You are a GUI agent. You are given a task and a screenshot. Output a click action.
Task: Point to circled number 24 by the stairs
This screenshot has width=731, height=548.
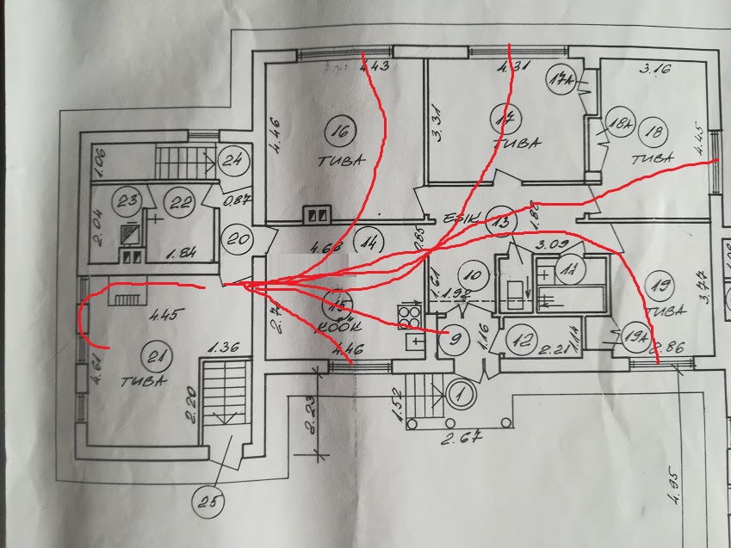[x=232, y=159]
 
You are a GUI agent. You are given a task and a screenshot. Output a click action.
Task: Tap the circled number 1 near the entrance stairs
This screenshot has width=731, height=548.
[x=459, y=397]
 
